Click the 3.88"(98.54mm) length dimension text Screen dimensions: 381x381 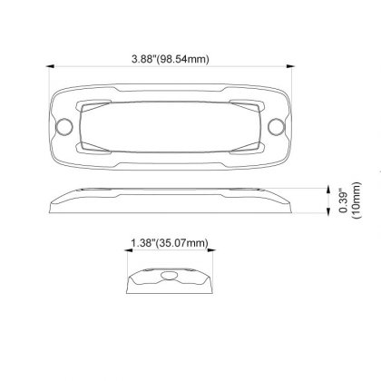171,59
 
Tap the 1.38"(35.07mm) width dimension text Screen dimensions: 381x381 170,243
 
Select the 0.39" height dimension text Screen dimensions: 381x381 344,201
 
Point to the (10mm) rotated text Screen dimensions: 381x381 357,200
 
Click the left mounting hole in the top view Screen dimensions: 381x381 64,126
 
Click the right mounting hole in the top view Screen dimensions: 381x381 276,126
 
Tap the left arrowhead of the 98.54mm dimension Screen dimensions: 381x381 50,66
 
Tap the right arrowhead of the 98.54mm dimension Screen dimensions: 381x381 291,66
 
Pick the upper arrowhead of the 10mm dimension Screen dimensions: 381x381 328,190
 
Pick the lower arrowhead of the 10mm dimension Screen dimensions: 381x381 328,210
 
